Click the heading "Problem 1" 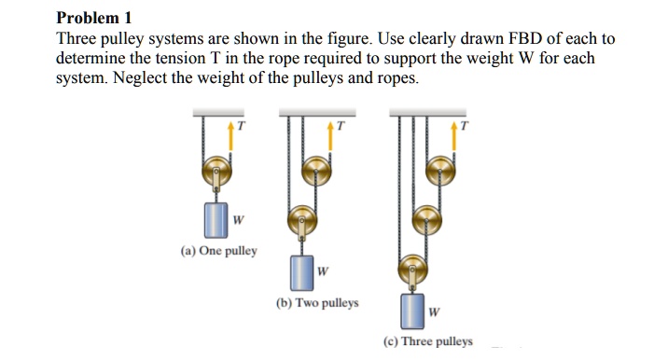(94, 17)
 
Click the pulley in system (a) (216, 171)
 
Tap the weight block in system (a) (216, 220)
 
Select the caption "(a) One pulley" (219, 251)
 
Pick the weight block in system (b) (301, 271)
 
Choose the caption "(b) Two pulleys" (317, 303)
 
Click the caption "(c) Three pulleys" (427, 341)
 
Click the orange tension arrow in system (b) (330, 137)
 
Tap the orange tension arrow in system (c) (455, 137)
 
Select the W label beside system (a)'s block (239, 221)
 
